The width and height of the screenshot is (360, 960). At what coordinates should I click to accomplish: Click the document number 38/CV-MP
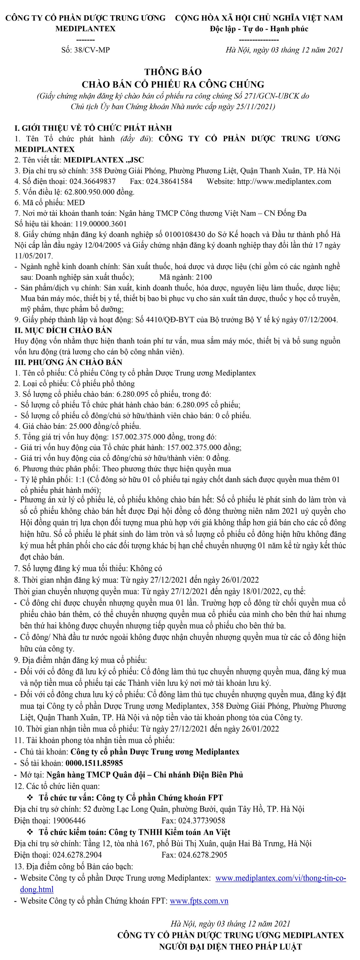pos(92,50)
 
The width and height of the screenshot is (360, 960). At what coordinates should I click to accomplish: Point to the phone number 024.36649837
pos(92,182)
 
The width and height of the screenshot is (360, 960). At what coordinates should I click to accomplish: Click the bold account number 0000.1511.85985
pos(94,763)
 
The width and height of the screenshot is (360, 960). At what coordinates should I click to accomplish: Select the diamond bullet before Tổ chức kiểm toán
pos(30,832)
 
